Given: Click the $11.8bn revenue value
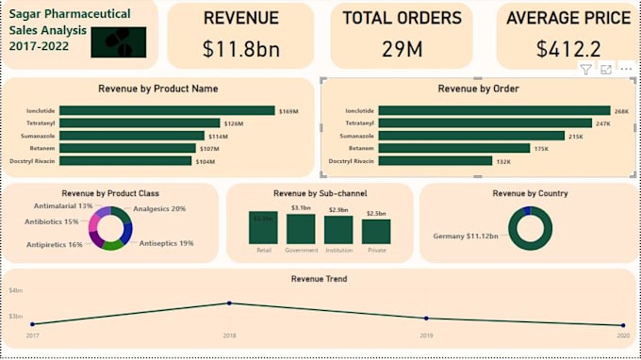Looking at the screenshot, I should pos(240,49).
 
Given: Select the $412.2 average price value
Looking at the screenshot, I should pos(568,49).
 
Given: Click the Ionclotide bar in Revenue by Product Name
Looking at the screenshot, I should pos(167,110).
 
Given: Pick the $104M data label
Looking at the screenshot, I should pos(205,161).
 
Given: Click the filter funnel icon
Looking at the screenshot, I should pos(585,70).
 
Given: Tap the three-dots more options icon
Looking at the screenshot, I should pos(626,70).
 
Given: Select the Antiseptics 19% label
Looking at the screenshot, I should pos(167,243).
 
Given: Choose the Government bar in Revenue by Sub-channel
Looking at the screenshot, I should pos(301,229).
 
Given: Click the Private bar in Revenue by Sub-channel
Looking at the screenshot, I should pos(376,232).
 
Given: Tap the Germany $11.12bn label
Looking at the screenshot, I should pos(466,237).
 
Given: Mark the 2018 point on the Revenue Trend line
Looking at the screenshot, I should pos(229,303).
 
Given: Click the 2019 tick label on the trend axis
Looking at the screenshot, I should pos(426,335).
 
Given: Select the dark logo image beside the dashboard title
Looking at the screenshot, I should pos(119,41).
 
